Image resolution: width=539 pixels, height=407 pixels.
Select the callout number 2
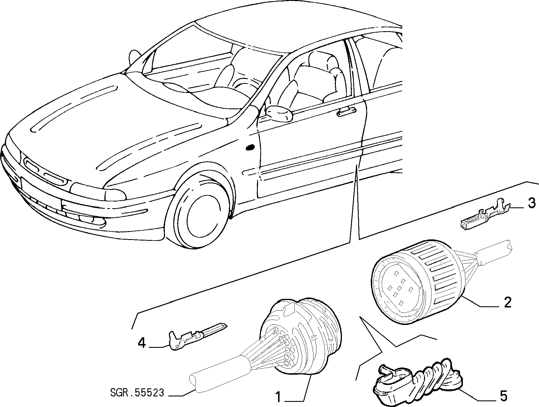(507, 302)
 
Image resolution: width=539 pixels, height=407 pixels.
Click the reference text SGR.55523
(137, 393)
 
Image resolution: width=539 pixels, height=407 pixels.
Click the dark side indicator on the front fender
(250, 148)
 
